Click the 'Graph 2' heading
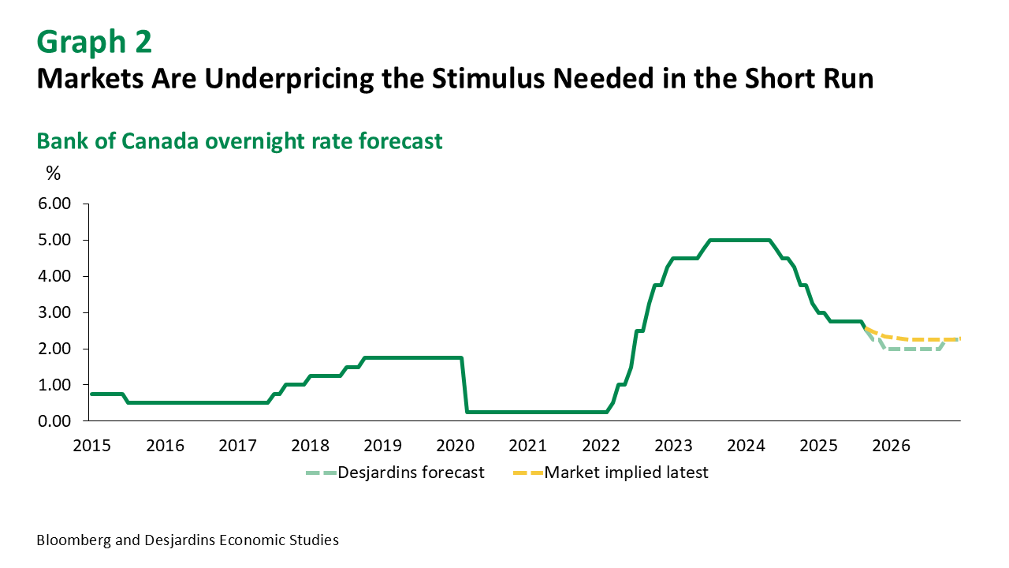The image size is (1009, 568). [95, 42]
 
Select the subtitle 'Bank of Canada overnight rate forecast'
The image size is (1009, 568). [240, 141]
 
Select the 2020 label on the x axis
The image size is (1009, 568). [456, 446]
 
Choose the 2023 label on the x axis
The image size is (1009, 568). [674, 446]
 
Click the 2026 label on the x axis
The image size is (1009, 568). [892, 446]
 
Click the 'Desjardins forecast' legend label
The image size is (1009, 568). [411, 473]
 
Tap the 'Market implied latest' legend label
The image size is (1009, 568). [627, 473]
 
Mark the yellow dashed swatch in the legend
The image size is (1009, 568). [527, 473]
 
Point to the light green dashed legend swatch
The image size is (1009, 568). [321, 473]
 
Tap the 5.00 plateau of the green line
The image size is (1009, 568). [739, 240]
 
